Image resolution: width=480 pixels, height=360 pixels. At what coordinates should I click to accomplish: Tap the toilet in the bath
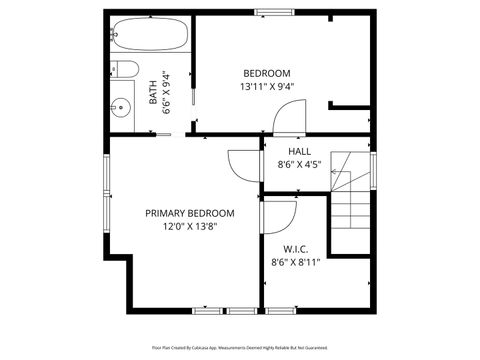pyautogui.click(x=126, y=70)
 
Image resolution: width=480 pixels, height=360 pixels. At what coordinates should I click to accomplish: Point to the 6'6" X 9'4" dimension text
pyautogui.click(x=167, y=92)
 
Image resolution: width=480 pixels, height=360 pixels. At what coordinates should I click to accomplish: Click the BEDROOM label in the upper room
pyautogui.click(x=267, y=73)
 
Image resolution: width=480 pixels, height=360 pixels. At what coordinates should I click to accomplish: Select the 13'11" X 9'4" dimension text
pyautogui.click(x=267, y=86)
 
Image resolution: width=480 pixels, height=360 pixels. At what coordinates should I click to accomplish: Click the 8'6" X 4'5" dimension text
pyautogui.click(x=298, y=164)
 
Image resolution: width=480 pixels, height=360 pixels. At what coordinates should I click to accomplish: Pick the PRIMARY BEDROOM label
pyautogui.click(x=190, y=213)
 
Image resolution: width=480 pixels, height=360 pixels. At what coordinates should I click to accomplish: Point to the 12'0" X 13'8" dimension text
pyautogui.click(x=190, y=227)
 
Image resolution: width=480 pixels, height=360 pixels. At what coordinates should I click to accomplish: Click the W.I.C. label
pyautogui.click(x=295, y=249)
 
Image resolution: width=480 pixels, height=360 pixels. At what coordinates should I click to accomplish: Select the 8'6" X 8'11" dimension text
pyautogui.click(x=295, y=263)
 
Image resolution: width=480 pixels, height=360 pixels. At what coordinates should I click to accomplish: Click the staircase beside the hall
pyautogui.click(x=351, y=200)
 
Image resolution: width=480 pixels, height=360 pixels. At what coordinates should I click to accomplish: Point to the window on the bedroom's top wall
pyautogui.click(x=268, y=12)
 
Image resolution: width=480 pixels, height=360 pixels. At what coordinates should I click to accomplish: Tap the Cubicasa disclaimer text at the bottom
pyautogui.click(x=240, y=347)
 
